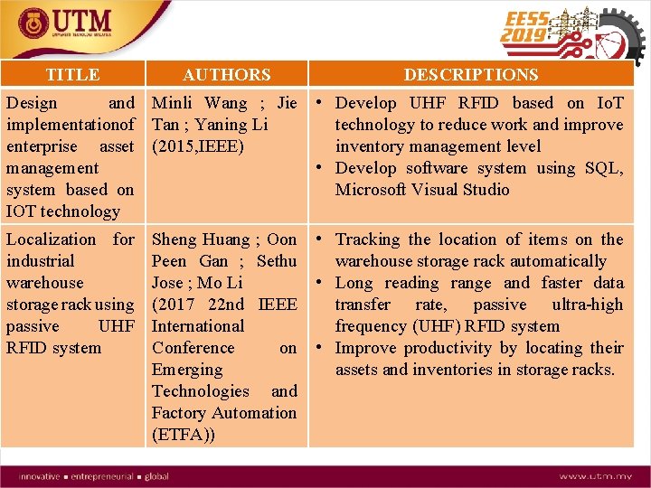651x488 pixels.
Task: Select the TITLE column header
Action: (x=72, y=75)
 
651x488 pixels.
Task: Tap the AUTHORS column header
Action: (x=226, y=75)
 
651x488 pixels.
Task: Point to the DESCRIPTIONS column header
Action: (x=470, y=75)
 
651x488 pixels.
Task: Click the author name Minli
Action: (x=173, y=103)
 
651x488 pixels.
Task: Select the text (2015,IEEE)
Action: (x=198, y=146)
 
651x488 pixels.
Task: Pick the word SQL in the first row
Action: (x=605, y=168)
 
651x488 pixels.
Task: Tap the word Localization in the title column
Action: (x=51, y=239)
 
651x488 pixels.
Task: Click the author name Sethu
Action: (x=277, y=261)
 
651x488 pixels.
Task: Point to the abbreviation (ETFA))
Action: (x=184, y=435)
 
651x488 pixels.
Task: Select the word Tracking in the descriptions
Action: (x=368, y=239)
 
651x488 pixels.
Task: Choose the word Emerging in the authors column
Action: (x=186, y=370)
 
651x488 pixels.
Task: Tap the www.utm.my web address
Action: (x=595, y=476)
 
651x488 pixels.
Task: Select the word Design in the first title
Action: (x=32, y=103)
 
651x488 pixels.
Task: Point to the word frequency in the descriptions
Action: (x=373, y=326)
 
